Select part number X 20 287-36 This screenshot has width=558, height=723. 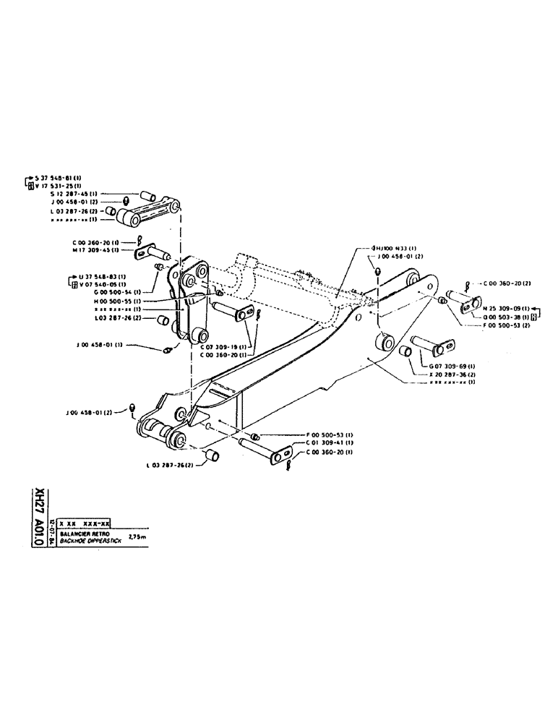click(x=452, y=374)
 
